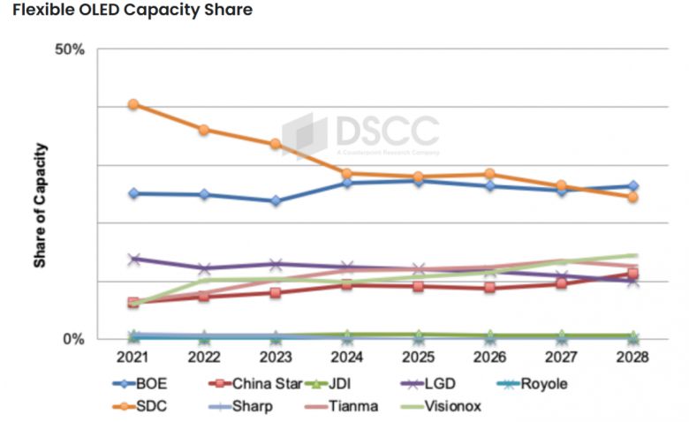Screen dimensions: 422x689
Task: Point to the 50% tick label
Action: click(70, 49)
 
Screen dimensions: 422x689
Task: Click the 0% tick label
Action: click(74, 339)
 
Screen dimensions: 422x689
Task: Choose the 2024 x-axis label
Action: click(347, 358)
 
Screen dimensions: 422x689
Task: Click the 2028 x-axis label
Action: click(632, 358)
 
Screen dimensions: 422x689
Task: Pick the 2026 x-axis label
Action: click(489, 358)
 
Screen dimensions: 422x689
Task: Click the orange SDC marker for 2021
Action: click(133, 104)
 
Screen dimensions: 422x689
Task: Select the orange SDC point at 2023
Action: click(276, 144)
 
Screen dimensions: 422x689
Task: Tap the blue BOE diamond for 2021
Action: click(133, 193)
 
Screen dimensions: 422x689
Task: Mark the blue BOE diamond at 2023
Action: click(276, 201)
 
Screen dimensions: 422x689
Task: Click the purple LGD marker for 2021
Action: click(133, 260)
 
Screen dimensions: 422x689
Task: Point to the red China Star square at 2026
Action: click(489, 288)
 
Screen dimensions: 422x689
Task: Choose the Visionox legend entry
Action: click(451, 406)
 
